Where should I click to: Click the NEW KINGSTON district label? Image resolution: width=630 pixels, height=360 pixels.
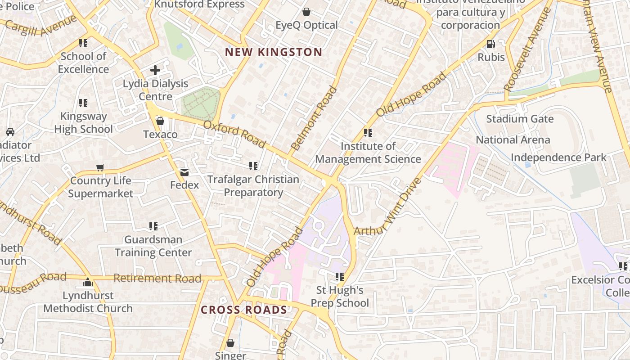[274, 52]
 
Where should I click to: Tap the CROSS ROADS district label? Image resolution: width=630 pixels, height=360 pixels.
[243, 310]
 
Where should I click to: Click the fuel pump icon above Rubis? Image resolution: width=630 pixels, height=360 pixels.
[491, 44]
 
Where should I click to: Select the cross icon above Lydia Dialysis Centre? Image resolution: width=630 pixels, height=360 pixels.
[155, 70]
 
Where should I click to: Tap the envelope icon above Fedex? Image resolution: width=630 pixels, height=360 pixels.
[184, 172]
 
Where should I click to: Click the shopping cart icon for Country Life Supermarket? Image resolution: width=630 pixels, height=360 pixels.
[100, 167]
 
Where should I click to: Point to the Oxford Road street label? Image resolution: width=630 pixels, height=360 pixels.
[234, 134]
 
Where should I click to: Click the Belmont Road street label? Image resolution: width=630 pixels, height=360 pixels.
[314, 118]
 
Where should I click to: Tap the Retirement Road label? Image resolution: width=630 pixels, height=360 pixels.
[157, 278]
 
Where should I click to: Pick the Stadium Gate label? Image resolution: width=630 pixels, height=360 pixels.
[520, 119]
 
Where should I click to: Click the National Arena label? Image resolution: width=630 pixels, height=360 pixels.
[513, 140]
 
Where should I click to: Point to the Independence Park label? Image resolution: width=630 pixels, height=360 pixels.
[558, 157]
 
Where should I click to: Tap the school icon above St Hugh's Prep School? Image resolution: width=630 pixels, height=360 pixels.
[340, 276]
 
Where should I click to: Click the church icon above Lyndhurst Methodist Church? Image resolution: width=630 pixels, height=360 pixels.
[88, 283]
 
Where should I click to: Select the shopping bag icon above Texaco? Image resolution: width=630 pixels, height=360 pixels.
[160, 121]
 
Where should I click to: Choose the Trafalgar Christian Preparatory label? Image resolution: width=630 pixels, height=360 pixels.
[253, 186]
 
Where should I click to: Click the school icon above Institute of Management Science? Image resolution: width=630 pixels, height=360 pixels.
[368, 133]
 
